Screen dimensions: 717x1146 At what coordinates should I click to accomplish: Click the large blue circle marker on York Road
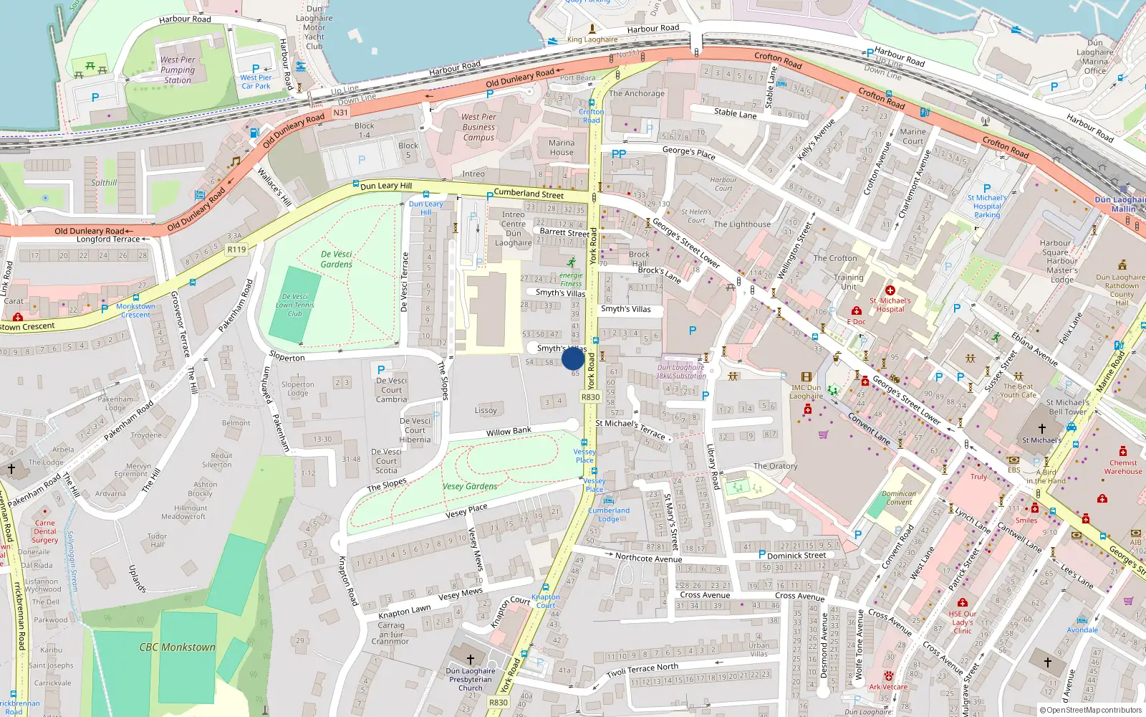point(573,358)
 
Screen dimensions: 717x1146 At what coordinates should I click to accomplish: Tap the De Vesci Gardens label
point(337,259)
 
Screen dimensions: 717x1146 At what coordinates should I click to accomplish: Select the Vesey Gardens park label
point(470,486)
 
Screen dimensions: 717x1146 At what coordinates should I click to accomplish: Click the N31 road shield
point(341,113)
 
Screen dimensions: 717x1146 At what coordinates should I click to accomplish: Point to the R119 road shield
point(236,250)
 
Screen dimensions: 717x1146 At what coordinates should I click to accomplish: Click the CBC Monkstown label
point(177,647)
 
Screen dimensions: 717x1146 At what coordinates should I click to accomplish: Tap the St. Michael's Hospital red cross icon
point(890,290)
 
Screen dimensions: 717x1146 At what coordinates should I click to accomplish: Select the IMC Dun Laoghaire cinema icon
point(806,377)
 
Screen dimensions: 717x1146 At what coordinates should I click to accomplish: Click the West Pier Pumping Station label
point(178,70)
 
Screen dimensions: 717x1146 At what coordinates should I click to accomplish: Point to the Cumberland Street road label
point(529,193)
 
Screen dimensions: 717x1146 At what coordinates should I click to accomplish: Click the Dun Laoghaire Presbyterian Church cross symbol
point(471,659)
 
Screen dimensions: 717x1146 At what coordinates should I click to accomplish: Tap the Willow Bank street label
point(509,432)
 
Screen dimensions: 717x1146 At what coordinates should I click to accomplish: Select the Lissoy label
point(486,411)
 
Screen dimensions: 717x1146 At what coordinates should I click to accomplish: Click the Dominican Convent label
point(899,498)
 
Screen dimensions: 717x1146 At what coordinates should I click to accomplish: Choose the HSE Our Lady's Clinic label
point(963,622)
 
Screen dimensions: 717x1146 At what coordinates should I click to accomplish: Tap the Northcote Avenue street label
point(648,558)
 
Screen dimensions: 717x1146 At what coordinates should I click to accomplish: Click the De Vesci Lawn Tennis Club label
point(295,305)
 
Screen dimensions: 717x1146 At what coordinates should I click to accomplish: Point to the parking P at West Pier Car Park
point(256,69)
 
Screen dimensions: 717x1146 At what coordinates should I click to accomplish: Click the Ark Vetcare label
point(888,687)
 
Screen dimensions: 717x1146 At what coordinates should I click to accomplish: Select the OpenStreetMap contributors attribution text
point(1091,711)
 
